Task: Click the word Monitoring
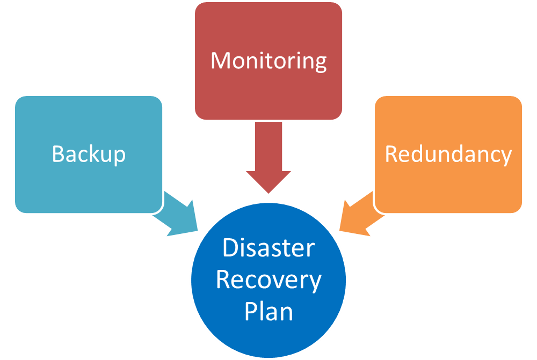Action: [268, 61]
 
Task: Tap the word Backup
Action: [89, 155]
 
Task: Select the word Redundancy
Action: [448, 155]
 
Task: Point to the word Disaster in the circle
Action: [268, 248]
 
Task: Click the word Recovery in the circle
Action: [268, 280]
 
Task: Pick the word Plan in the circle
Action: [268, 312]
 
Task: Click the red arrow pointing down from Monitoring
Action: [268, 156]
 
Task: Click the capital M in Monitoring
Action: [221, 60]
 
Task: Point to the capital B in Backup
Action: [58, 154]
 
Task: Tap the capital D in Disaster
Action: [230, 248]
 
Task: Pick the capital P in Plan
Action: [250, 312]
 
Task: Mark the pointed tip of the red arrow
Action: [268, 191]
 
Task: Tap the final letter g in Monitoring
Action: [320, 63]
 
